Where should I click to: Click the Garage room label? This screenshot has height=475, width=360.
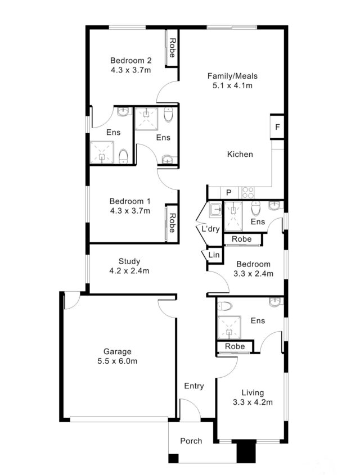tap(117, 351)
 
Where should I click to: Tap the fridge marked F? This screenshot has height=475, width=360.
tap(277, 127)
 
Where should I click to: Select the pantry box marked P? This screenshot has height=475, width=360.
tap(229, 193)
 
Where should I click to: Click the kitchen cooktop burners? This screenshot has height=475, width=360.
tap(248, 192)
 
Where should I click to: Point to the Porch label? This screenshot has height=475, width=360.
tap(191, 441)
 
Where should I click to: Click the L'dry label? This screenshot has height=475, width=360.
tap(210, 229)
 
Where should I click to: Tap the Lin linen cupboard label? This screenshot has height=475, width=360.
tap(214, 255)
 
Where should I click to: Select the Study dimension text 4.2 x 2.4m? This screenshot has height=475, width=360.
tap(129, 271)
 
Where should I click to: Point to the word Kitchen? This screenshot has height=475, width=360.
tap(240, 154)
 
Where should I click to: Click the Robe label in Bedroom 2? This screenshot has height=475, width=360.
tap(172, 48)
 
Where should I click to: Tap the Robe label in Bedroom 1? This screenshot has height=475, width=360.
tap(172, 223)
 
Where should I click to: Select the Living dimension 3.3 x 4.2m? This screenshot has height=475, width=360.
tap(253, 402)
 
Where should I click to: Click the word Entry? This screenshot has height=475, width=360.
tap(194, 386)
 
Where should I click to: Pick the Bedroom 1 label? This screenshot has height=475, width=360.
tap(130, 201)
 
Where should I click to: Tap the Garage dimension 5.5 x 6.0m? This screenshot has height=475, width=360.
tap(117, 361)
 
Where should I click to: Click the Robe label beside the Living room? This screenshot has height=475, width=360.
tap(235, 346)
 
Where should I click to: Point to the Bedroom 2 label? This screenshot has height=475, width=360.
tap(131, 61)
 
